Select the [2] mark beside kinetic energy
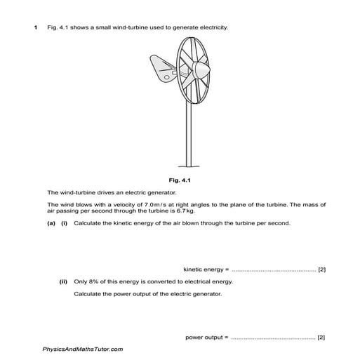(321, 269)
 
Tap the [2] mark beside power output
(321, 338)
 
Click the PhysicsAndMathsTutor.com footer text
(83, 349)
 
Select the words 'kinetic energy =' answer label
(206, 269)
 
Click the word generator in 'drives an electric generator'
(148, 191)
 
